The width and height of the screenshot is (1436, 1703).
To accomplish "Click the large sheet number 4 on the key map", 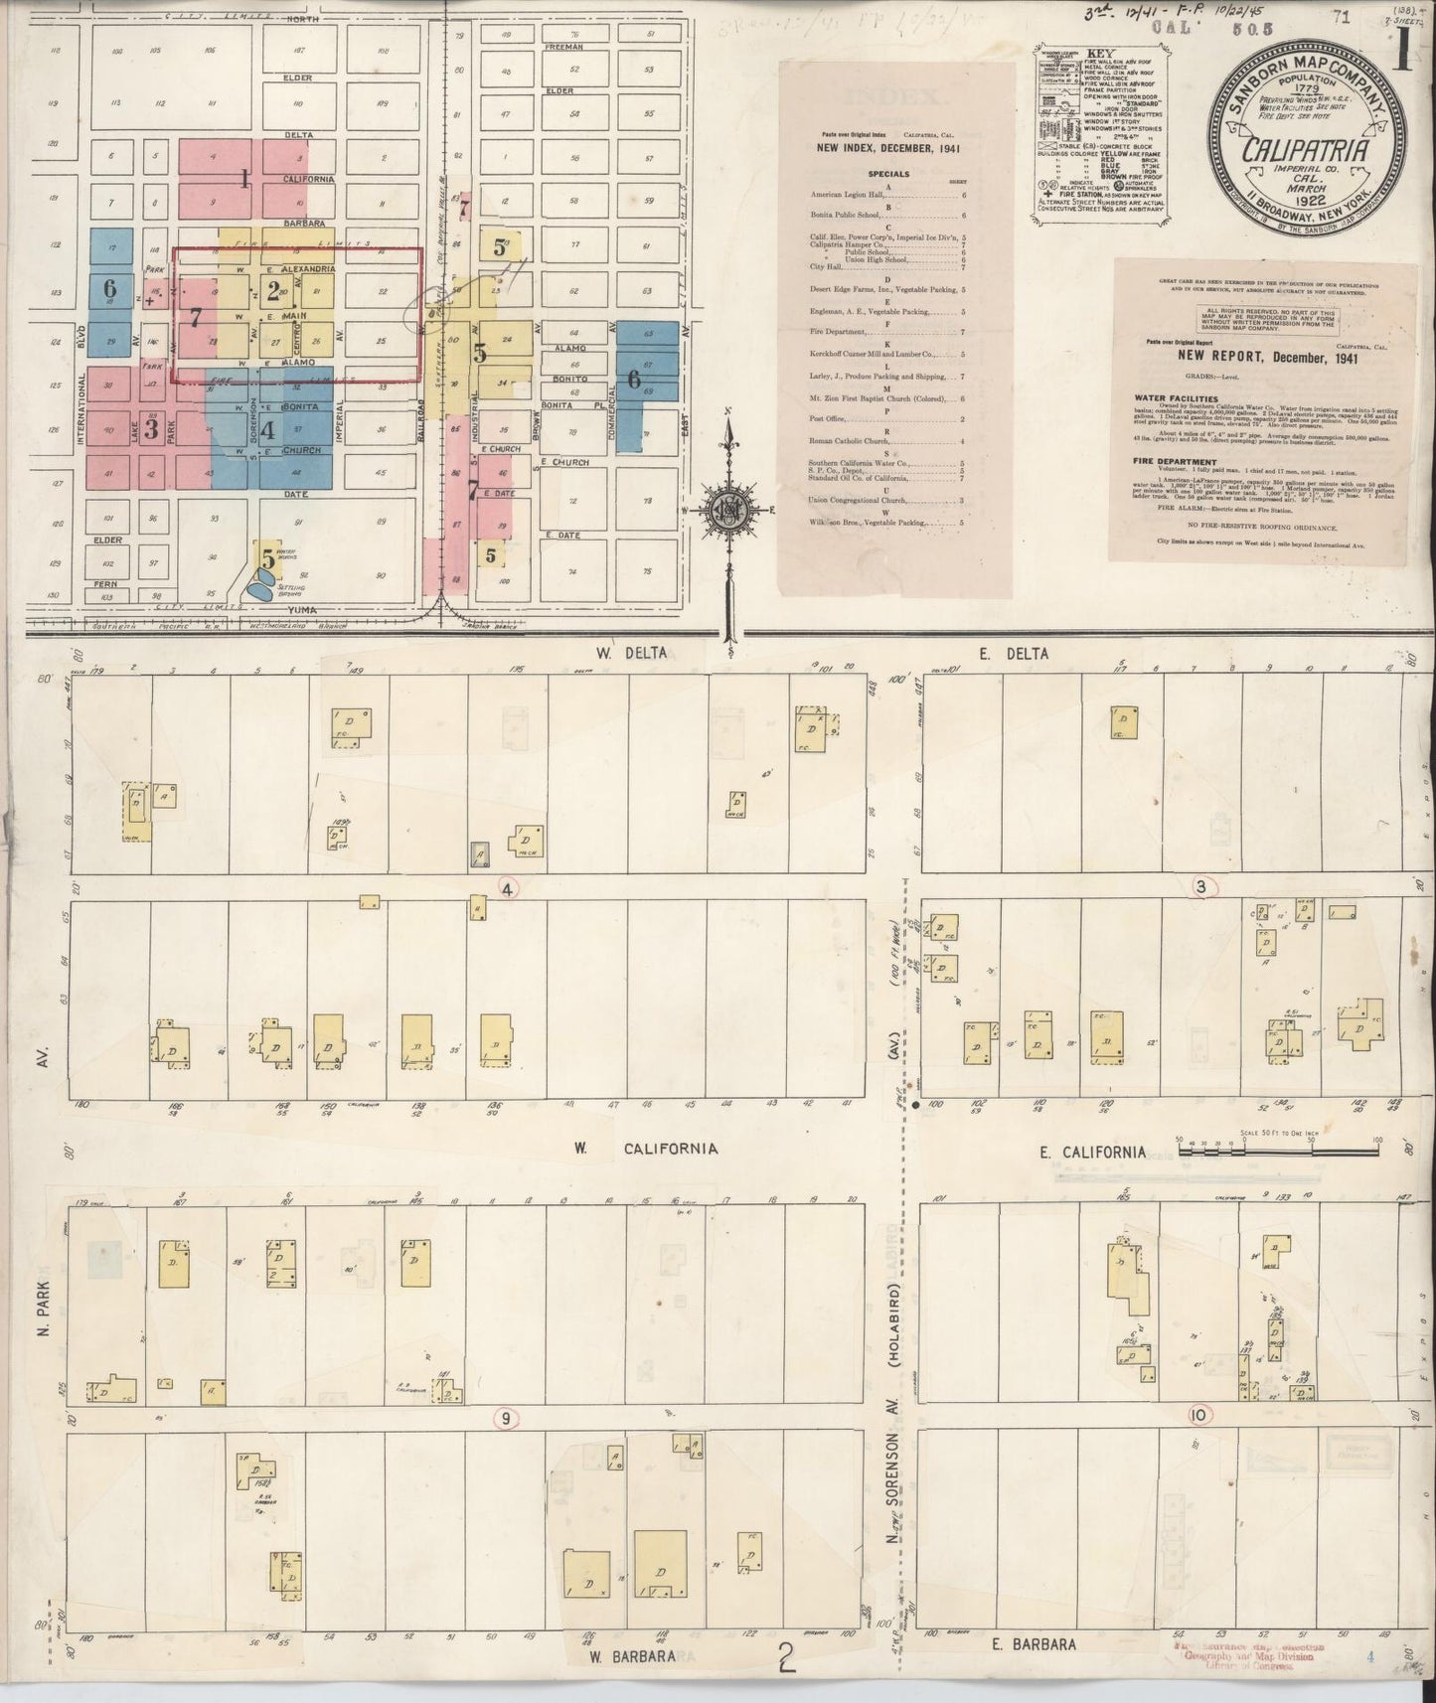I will (266, 432).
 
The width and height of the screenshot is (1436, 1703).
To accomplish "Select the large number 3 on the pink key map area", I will (151, 430).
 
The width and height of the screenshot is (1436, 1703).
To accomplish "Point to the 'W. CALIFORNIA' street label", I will (644, 1149).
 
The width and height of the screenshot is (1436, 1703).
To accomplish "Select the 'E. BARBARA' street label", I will (1035, 1644).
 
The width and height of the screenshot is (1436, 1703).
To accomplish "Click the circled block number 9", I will (506, 1418).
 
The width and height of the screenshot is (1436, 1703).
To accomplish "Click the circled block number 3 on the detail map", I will (1200, 887).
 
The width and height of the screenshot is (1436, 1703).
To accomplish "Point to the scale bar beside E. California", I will (1278, 1150).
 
